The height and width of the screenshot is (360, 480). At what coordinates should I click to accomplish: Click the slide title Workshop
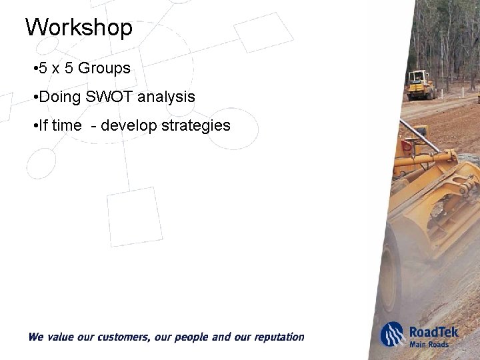coord(79,28)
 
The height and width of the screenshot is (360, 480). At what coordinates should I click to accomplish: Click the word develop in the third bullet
coord(129,125)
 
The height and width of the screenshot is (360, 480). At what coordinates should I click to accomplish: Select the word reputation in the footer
coord(276,337)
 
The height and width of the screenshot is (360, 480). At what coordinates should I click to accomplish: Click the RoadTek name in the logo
coord(434,331)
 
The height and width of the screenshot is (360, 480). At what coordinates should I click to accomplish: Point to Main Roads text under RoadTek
coord(429,344)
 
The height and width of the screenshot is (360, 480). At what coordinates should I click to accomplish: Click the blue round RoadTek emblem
coord(392,335)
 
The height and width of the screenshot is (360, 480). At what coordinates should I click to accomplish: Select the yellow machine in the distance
coord(420,85)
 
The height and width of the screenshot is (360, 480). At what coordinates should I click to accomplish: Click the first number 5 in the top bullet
coord(43,69)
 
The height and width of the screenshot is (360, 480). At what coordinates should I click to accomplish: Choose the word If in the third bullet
coord(43,125)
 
